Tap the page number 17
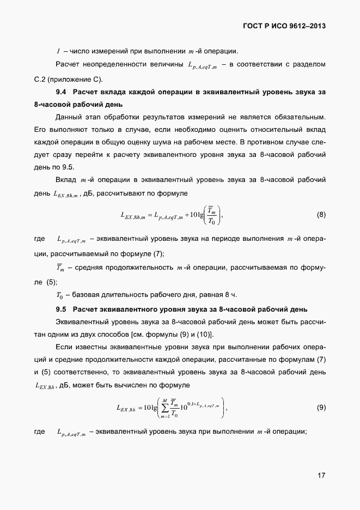point(321,475)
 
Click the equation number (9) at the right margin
point(321,408)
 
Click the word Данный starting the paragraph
point(70,117)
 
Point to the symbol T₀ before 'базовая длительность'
point(60,295)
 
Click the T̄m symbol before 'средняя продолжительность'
point(60,268)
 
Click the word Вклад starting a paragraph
point(66,180)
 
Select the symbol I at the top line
point(58,52)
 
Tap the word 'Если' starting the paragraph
point(64,348)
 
